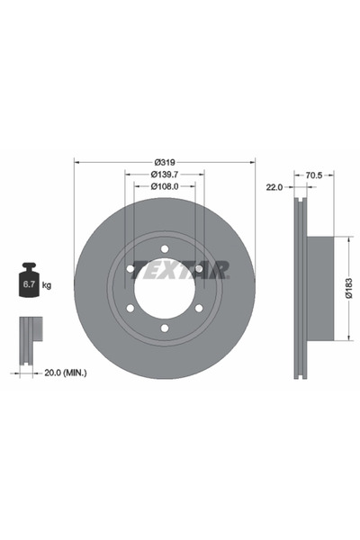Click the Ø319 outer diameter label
pos(165,160)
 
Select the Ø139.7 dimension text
pos(165,173)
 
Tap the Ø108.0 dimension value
pos(165,186)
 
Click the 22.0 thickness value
pos(274,186)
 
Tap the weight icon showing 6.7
pos(29,283)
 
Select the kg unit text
pos(47,285)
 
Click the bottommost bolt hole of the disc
pos(165,327)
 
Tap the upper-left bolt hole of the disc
pos(130,268)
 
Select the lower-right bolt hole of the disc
pos(198,308)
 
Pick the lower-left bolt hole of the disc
pos(130,308)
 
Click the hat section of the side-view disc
pos(320,288)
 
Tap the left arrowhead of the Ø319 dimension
pos(76,162)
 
